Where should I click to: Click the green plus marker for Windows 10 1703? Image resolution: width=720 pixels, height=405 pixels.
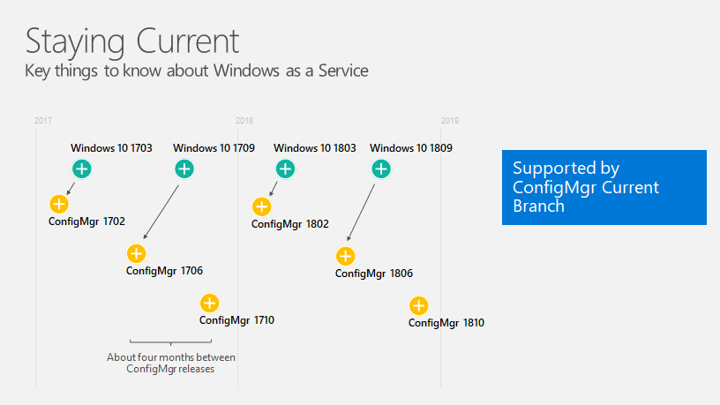[82, 169]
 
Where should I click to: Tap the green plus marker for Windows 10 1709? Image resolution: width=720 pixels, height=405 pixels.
[184, 169]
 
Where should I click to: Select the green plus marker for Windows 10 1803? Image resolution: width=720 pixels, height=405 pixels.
[285, 169]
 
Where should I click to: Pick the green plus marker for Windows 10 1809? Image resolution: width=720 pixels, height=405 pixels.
[381, 169]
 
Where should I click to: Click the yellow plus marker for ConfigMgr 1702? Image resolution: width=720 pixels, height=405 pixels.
[59, 204]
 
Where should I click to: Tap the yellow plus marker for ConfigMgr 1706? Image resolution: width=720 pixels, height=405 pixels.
[137, 253]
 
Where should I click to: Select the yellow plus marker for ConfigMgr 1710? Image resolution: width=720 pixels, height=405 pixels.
[210, 303]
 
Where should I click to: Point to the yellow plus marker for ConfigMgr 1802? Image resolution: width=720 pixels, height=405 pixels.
[262, 206]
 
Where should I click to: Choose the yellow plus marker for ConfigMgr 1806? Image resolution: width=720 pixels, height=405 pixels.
[345, 256]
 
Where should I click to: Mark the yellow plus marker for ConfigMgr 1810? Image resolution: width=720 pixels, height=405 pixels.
[419, 306]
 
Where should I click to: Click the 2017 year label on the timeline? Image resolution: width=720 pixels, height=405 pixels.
[43, 121]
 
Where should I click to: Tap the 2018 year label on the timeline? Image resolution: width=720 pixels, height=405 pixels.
[244, 121]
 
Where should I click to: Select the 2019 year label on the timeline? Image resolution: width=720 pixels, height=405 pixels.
[450, 121]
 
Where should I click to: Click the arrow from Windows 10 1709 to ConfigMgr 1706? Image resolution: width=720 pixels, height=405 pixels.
[161, 212]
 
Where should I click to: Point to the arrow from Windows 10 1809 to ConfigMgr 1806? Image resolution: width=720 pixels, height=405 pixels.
[361, 213]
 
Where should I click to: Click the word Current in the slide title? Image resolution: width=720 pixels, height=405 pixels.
[187, 41]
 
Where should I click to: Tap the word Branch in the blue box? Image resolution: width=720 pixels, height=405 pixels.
[538, 206]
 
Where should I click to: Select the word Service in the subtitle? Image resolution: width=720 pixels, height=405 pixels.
[343, 71]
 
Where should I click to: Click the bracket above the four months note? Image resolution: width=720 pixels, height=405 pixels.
[171, 341]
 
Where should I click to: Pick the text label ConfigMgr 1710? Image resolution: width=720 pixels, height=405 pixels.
[237, 320]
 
